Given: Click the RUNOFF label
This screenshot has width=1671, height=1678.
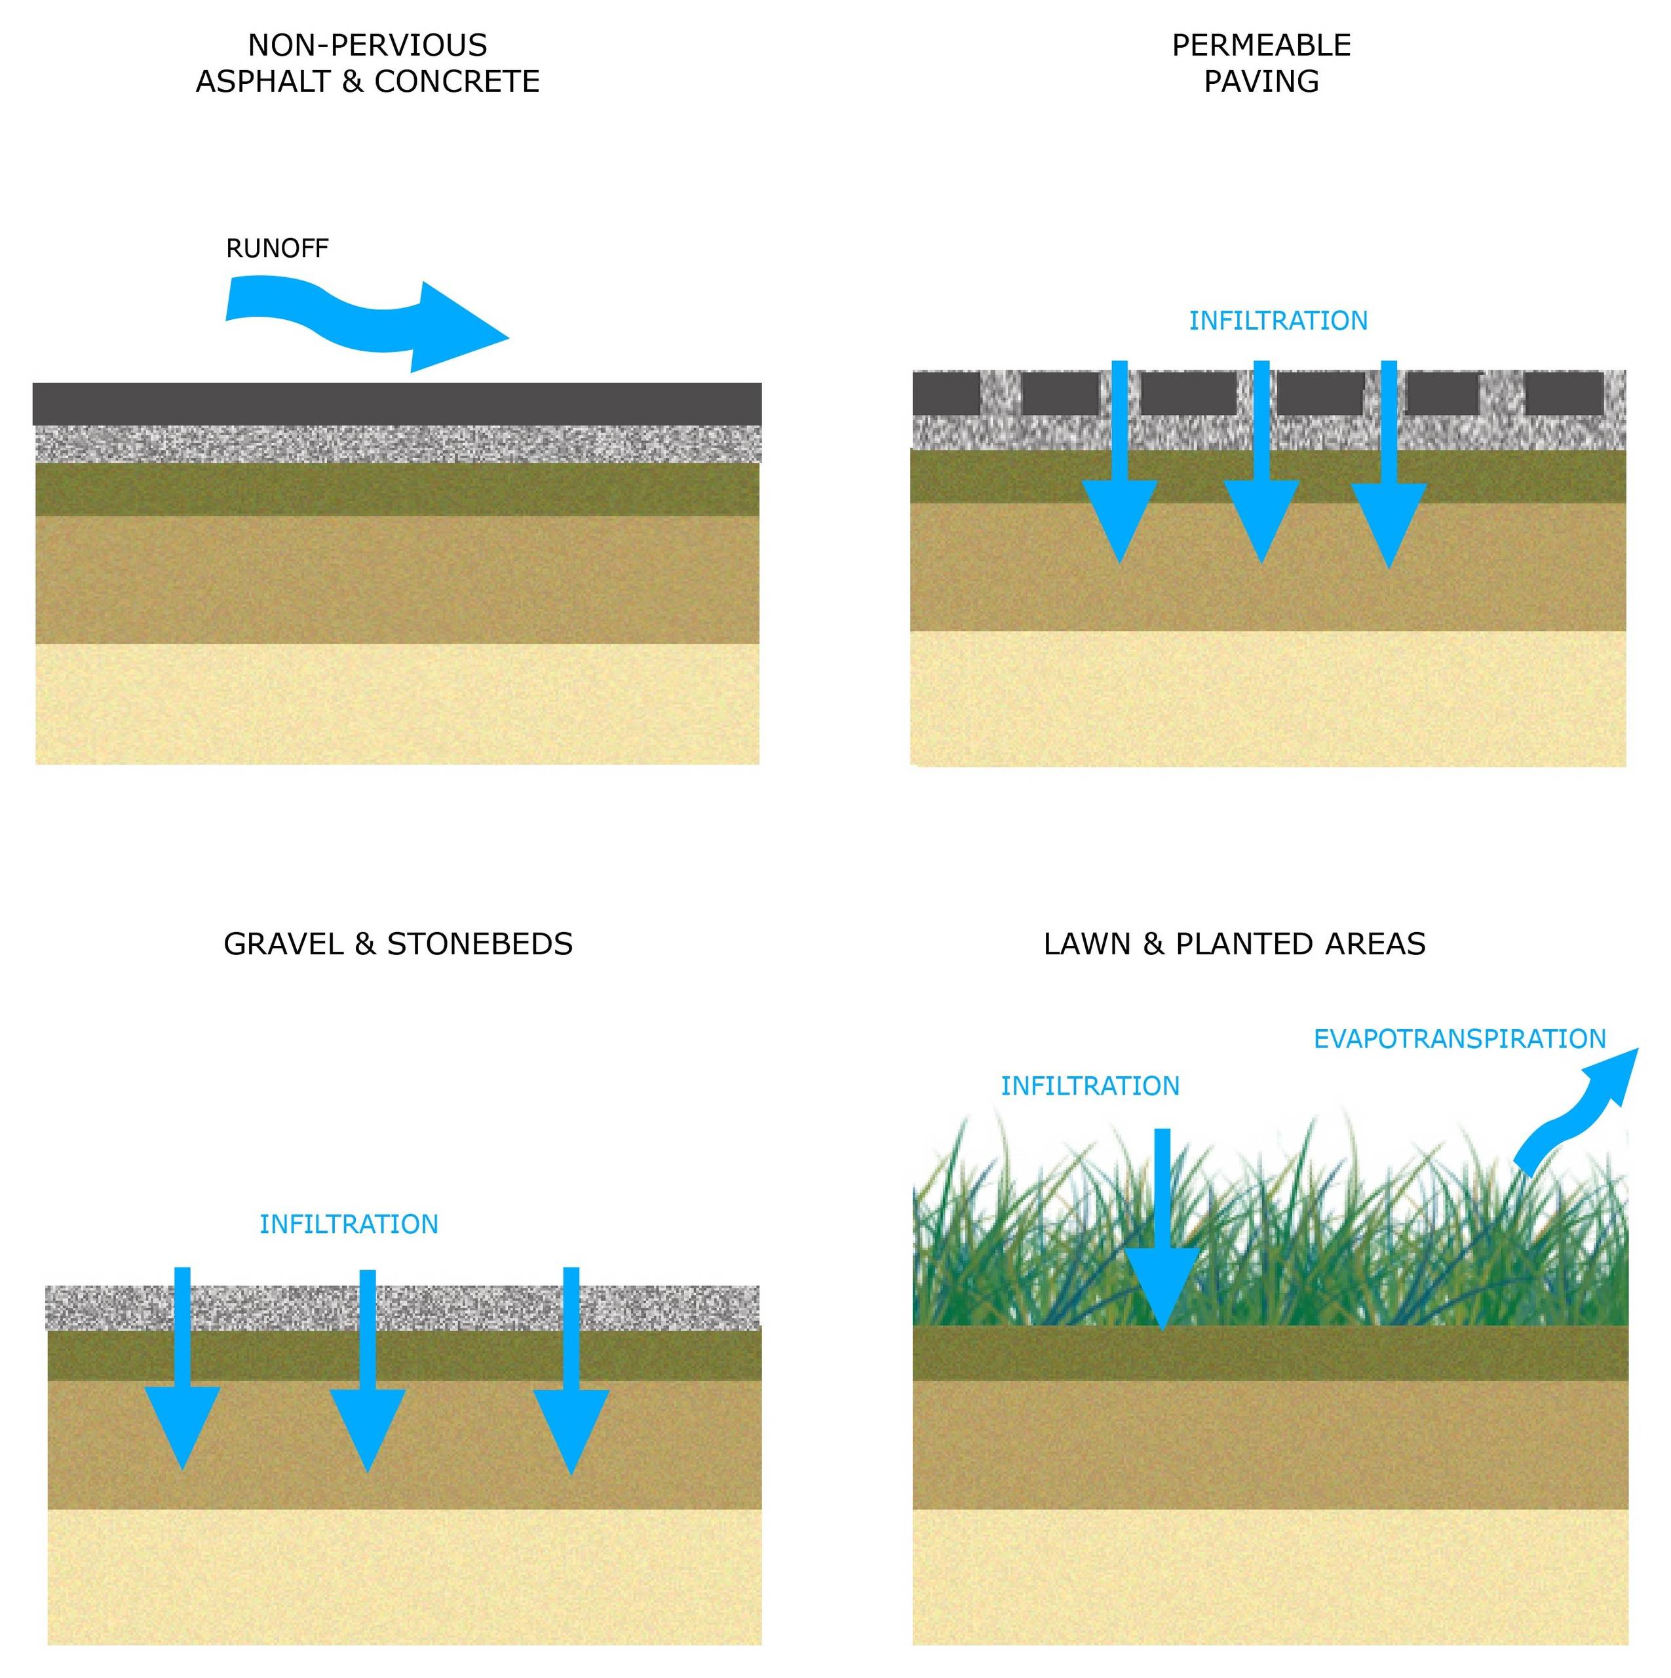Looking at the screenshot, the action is [x=277, y=248].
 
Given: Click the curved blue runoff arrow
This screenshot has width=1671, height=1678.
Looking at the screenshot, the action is [x=365, y=325].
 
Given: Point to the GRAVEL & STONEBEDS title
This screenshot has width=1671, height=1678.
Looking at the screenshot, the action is [x=398, y=944].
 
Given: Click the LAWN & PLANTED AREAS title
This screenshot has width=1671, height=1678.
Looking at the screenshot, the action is [x=1234, y=944].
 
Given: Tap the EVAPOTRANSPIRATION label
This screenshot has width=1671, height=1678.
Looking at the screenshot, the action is [x=1459, y=1039].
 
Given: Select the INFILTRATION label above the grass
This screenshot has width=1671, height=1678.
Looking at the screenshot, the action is [x=1090, y=1085].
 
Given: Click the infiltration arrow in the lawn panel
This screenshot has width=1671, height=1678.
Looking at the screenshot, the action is [x=1162, y=1229].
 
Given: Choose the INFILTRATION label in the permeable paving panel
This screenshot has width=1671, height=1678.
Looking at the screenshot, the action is [x=1278, y=321].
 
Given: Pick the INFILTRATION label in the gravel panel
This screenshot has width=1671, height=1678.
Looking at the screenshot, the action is [x=348, y=1224].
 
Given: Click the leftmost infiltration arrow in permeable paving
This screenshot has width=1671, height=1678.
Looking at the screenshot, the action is [x=1119, y=462].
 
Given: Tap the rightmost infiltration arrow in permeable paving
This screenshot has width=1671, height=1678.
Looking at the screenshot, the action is [x=1389, y=465].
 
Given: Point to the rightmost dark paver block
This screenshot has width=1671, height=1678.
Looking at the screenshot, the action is [x=1564, y=393].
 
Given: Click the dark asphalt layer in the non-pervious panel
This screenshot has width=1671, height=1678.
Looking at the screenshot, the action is [x=397, y=404].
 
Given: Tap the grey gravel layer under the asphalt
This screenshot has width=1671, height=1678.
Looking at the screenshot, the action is [x=397, y=444].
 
